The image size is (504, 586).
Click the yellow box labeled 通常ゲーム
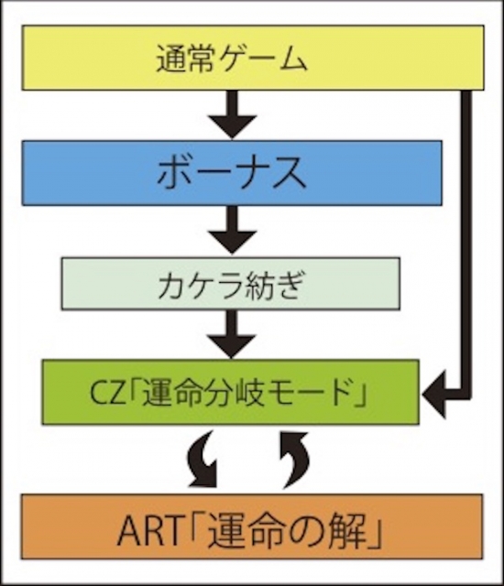[x=253, y=58]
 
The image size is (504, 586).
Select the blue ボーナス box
[x=232, y=173]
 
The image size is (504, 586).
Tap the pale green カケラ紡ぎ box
[x=231, y=284]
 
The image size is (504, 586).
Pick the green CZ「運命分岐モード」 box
[x=231, y=392]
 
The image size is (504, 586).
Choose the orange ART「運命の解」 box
[x=252, y=527]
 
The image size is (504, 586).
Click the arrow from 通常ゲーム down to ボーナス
[x=232, y=114]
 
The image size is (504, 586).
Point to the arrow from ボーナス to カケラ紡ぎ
[x=232, y=230]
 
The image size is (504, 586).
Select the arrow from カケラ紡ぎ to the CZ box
[x=232, y=334]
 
